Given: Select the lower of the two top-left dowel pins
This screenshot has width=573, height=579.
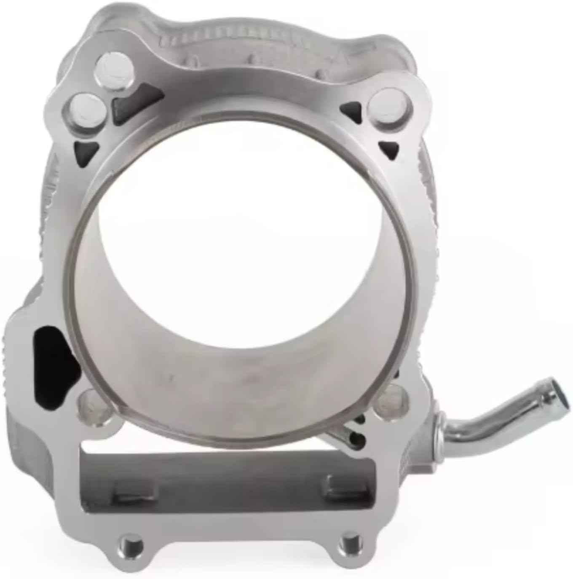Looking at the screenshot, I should [88, 109].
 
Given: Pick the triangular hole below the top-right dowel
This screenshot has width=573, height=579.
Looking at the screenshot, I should [390, 147].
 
